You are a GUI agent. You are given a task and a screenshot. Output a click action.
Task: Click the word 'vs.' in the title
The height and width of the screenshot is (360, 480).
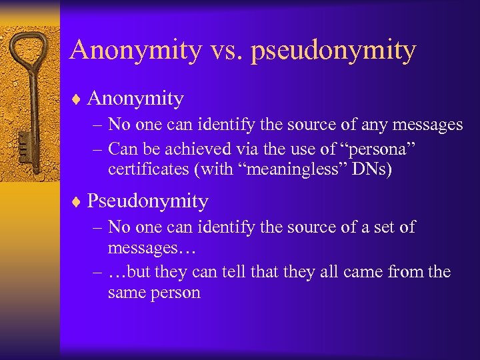[225, 50]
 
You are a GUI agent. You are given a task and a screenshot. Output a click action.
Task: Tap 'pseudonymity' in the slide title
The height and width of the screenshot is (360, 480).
[333, 51]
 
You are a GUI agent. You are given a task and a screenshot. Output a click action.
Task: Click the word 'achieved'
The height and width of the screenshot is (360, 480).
[204, 148]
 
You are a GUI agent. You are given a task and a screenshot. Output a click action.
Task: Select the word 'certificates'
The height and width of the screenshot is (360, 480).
[149, 169]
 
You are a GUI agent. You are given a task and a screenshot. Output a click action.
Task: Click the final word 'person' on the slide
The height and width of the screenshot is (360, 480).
[177, 293]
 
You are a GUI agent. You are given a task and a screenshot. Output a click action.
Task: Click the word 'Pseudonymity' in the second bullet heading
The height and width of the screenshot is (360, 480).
[147, 201]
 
